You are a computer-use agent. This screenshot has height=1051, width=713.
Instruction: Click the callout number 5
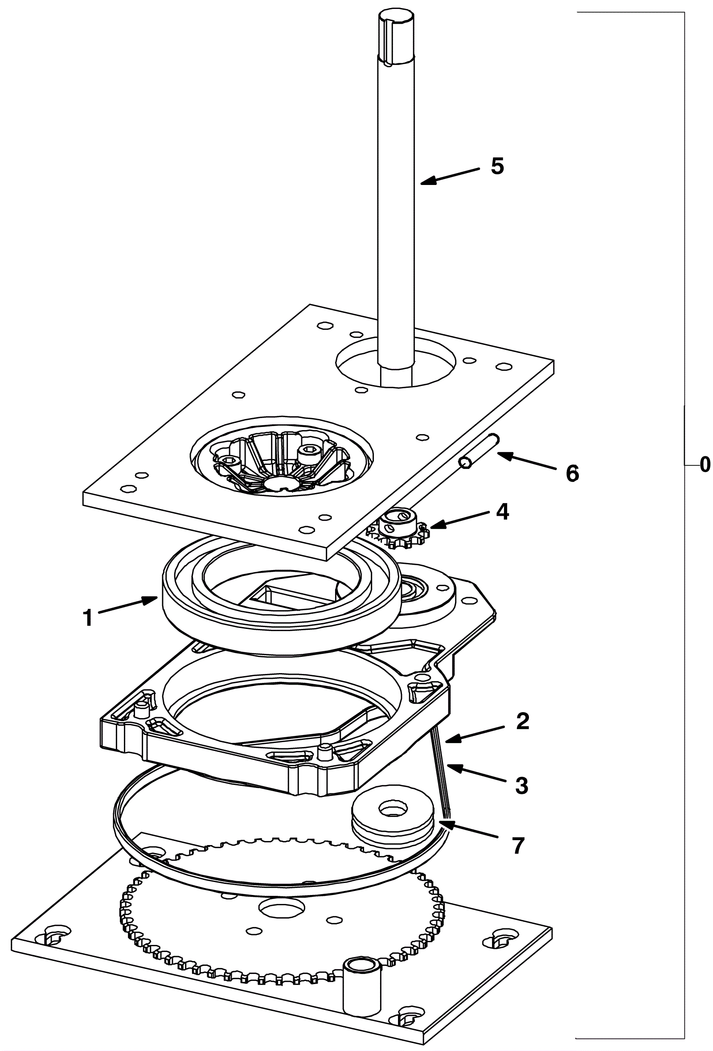497,167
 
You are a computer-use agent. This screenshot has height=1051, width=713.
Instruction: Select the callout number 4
502,512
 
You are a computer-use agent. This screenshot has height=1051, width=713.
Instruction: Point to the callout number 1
88,618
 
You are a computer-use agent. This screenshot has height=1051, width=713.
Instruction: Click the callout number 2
522,721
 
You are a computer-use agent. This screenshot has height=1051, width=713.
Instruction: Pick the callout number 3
521,786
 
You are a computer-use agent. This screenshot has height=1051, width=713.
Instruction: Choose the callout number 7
518,845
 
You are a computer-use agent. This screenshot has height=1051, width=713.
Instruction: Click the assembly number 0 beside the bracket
705,465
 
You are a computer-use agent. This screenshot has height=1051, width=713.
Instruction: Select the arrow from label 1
128,607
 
